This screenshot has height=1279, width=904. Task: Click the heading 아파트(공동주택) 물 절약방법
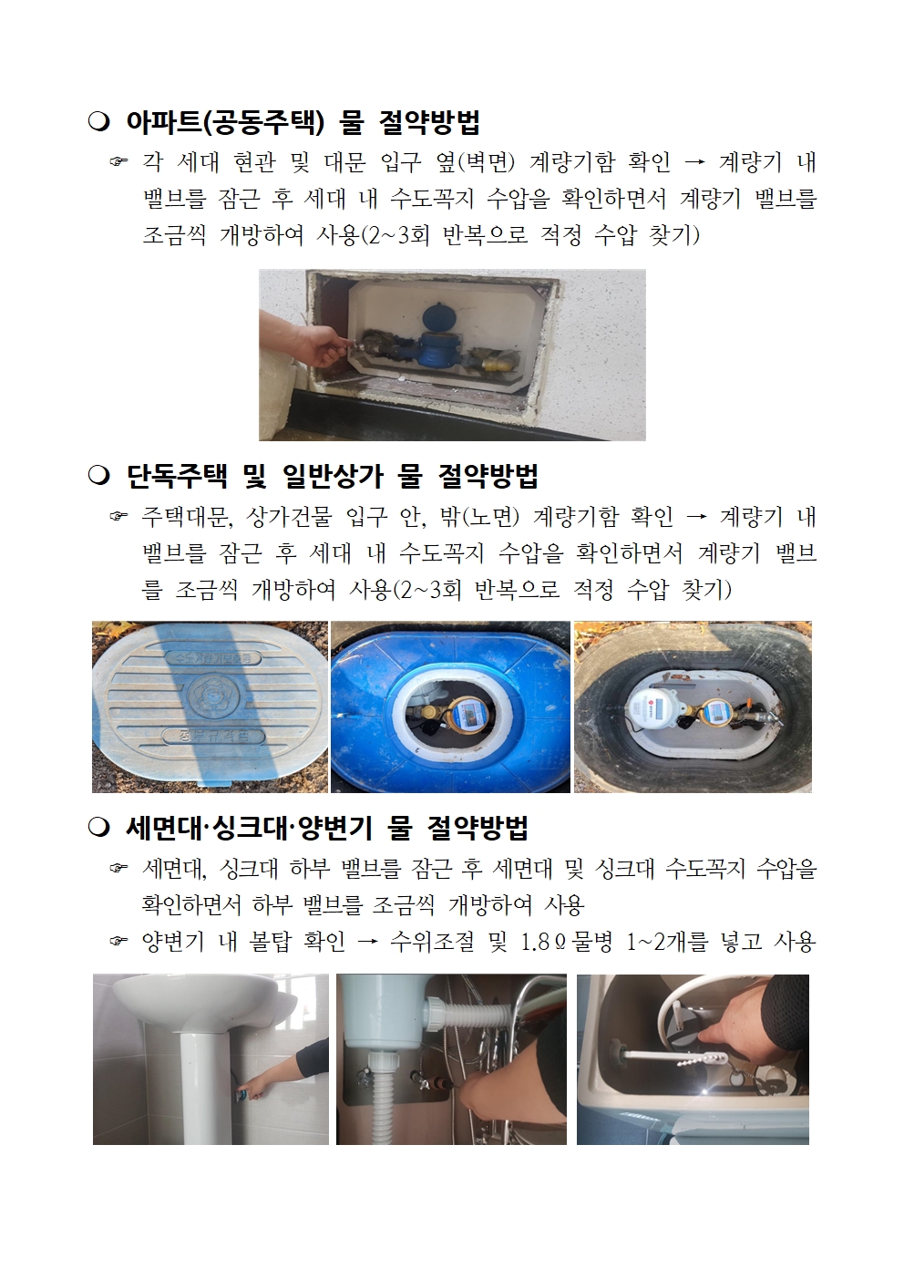coord(302,121)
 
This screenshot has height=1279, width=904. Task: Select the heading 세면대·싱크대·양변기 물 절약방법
coord(326,828)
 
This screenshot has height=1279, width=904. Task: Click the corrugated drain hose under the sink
coord(374,1094)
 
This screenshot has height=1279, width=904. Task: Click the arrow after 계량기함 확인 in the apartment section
coord(694,163)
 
